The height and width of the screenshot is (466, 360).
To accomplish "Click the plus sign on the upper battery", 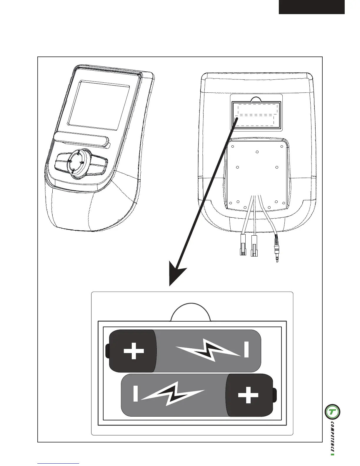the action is click(134, 351).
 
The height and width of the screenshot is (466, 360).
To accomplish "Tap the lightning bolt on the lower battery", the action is click(173, 394).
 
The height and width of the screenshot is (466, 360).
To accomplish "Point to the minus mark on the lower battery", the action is click(135, 394).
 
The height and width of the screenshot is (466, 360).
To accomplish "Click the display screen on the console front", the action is click(99, 105).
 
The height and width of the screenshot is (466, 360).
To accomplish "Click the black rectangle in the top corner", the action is click(311, 7).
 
